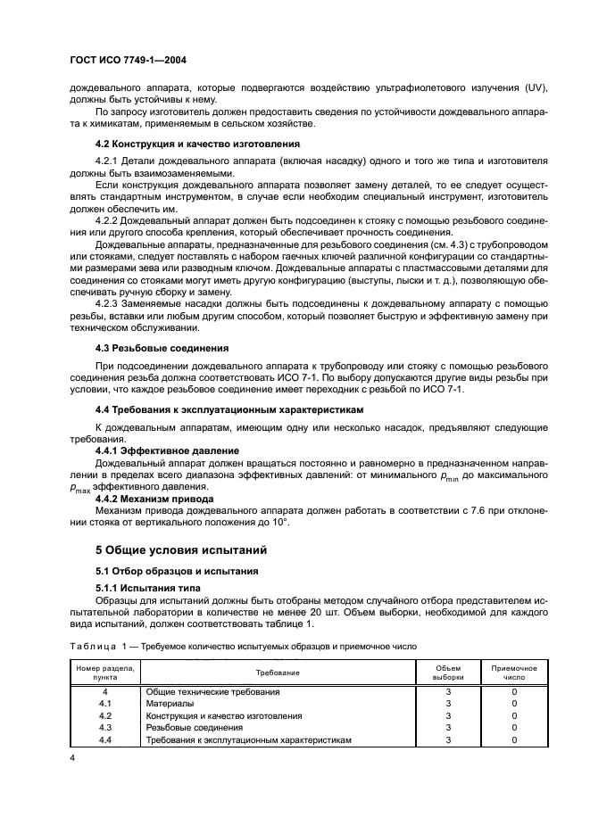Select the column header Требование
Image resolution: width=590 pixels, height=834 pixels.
pos(277,672)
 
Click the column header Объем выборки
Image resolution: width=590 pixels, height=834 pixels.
pos(448,672)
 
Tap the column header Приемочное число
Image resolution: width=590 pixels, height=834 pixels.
pos(514,672)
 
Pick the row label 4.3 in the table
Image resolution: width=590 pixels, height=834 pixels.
pos(104,728)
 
